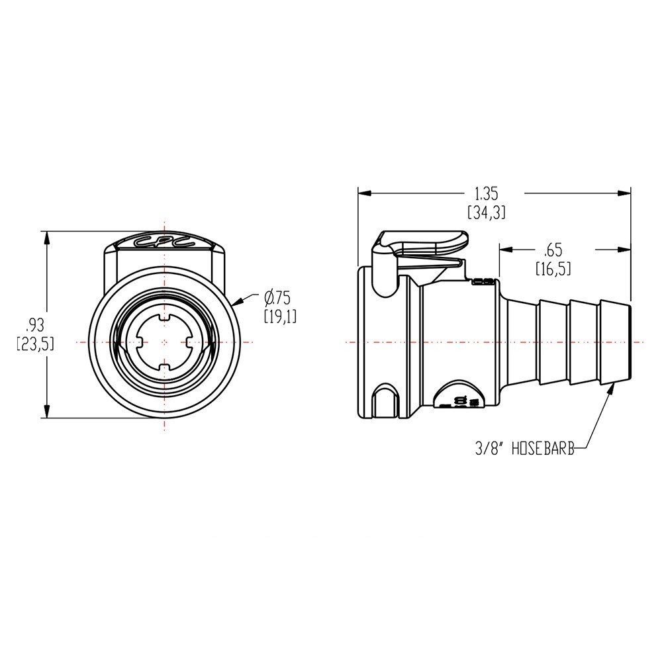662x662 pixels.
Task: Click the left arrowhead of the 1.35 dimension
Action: pyautogui.click(x=363, y=193)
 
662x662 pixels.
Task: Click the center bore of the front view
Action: pyautogui.click(x=164, y=342)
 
